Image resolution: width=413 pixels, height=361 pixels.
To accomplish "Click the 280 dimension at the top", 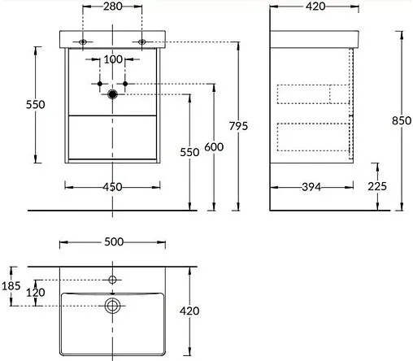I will click(x=113, y=7).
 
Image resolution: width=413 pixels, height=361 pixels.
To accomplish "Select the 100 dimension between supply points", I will click(x=112, y=59).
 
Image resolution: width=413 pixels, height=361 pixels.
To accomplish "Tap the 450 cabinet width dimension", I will click(x=113, y=187).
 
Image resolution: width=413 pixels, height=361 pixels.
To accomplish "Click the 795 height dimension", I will click(x=238, y=126).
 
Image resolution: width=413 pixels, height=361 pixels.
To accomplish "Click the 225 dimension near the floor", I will click(x=376, y=186).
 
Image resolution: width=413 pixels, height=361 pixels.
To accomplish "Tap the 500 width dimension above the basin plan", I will click(x=113, y=241).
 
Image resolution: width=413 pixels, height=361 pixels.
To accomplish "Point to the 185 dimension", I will click(x=10, y=285).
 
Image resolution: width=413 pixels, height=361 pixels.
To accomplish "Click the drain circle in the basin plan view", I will click(x=113, y=306).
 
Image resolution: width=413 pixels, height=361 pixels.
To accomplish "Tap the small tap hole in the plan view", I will click(x=113, y=280).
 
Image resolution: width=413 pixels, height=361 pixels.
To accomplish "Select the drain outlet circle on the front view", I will click(x=113, y=94).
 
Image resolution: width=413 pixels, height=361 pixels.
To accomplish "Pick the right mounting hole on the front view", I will click(x=141, y=41).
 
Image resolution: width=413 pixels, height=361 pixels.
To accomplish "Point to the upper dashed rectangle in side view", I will click(x=313, y=94).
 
